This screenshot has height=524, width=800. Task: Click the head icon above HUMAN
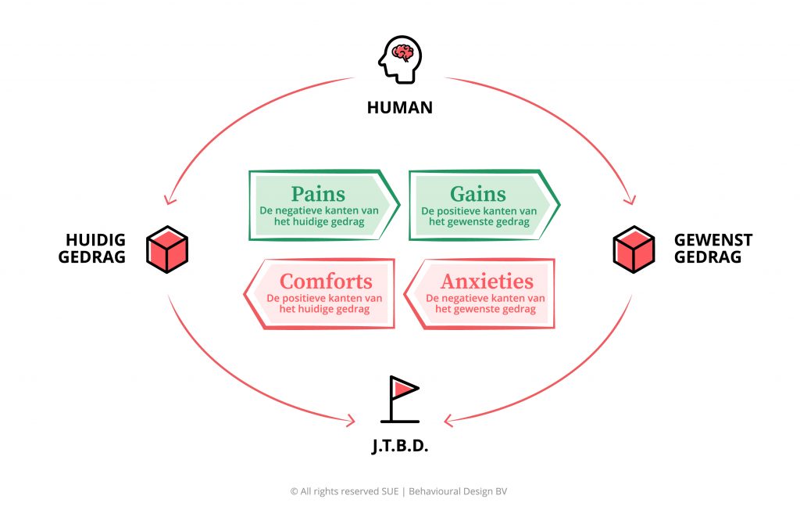tap(400, 60)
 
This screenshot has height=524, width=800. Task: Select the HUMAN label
tap(400, 107)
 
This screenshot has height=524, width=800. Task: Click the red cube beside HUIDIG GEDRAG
tap(167, 249)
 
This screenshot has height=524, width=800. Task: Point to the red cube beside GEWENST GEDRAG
tap(633, 249)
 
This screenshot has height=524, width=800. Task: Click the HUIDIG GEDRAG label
tap(92, 248)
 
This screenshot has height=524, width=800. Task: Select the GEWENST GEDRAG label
tap(712, 248)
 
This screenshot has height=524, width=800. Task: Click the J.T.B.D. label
tap(400, 448)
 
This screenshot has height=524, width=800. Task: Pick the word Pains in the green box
tap(318, 194)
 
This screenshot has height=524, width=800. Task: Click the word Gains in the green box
tap(478, 194)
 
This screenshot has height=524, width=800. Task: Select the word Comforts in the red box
tap(326, 282)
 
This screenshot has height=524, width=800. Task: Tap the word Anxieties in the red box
tap(487, 282)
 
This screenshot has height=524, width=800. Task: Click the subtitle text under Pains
tap(319, 217)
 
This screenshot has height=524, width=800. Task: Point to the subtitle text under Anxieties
tap(485, 303)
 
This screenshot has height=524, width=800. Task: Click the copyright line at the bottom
tap(399, 491)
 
